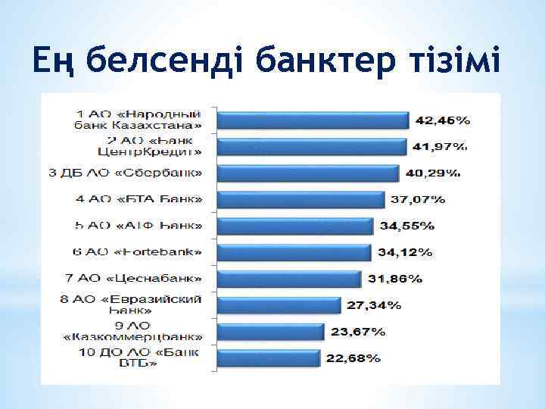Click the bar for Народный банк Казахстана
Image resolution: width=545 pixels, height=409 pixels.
click(x=313, y=120)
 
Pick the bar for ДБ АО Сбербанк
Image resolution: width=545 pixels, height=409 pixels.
click(x=307, y=173)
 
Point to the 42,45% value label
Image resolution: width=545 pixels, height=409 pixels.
click(x=443, y=120)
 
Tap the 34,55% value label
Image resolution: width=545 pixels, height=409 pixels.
click(x=406, y=226)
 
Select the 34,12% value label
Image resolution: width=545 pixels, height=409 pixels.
click(x=405, y=252)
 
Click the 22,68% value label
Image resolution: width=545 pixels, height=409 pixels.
click(x=353, y=358)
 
